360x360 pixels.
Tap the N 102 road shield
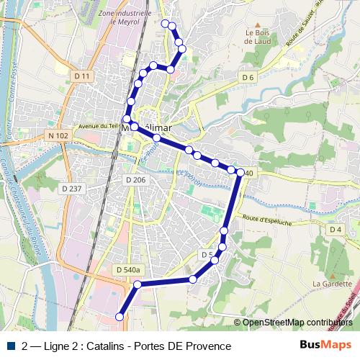tap(58, 135)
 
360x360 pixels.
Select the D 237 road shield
tap(73, 189)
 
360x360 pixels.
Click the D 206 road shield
tap(135, 179)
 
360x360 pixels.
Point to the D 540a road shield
tap(127, 269)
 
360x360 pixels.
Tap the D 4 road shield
tap(335, 230)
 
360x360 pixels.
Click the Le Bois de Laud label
tap(256, 37)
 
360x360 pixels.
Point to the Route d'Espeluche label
tap(266, 219)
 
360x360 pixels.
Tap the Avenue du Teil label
tap(99, 125)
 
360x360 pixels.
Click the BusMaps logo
tap(325, 346)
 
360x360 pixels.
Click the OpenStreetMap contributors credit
tap(297, 322)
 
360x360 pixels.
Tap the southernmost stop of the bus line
tap(120, 316)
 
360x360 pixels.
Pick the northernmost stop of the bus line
tap(166, 24)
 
